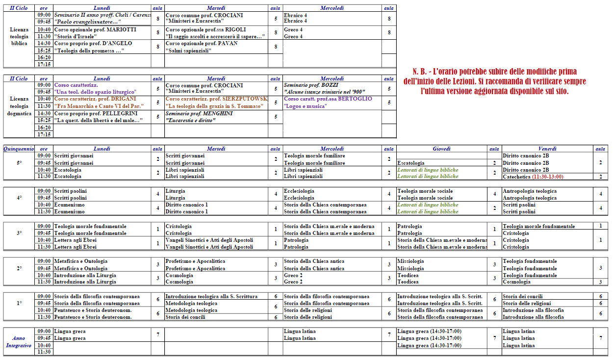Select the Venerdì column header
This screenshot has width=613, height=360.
pyautogui.click(x=547, y=149)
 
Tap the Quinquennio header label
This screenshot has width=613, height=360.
pyautogui.click(x=19, y=149)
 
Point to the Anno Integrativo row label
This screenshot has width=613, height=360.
pyautogui.click(x=19, y=342)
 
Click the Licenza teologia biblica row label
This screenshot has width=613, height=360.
pyautogui.click(x=19, y=36)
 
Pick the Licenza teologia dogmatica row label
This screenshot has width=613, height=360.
pyautogui.click(x=19, y=105)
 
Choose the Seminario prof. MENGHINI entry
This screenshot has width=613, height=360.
pyautogui.click(x=199, y=113)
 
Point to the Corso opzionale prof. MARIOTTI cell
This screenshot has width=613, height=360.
pyautogui.click(x=95, y=29)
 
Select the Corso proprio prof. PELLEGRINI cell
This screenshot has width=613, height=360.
pyautogui.click(x=95, y=113)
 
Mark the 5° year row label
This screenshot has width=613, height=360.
pyautogui.click(x=19, y=163)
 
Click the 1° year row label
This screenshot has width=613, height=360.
pyautogui.click(x=19, y=303)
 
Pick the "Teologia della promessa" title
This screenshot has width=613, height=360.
pyautogui.click(x=89, y=51)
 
